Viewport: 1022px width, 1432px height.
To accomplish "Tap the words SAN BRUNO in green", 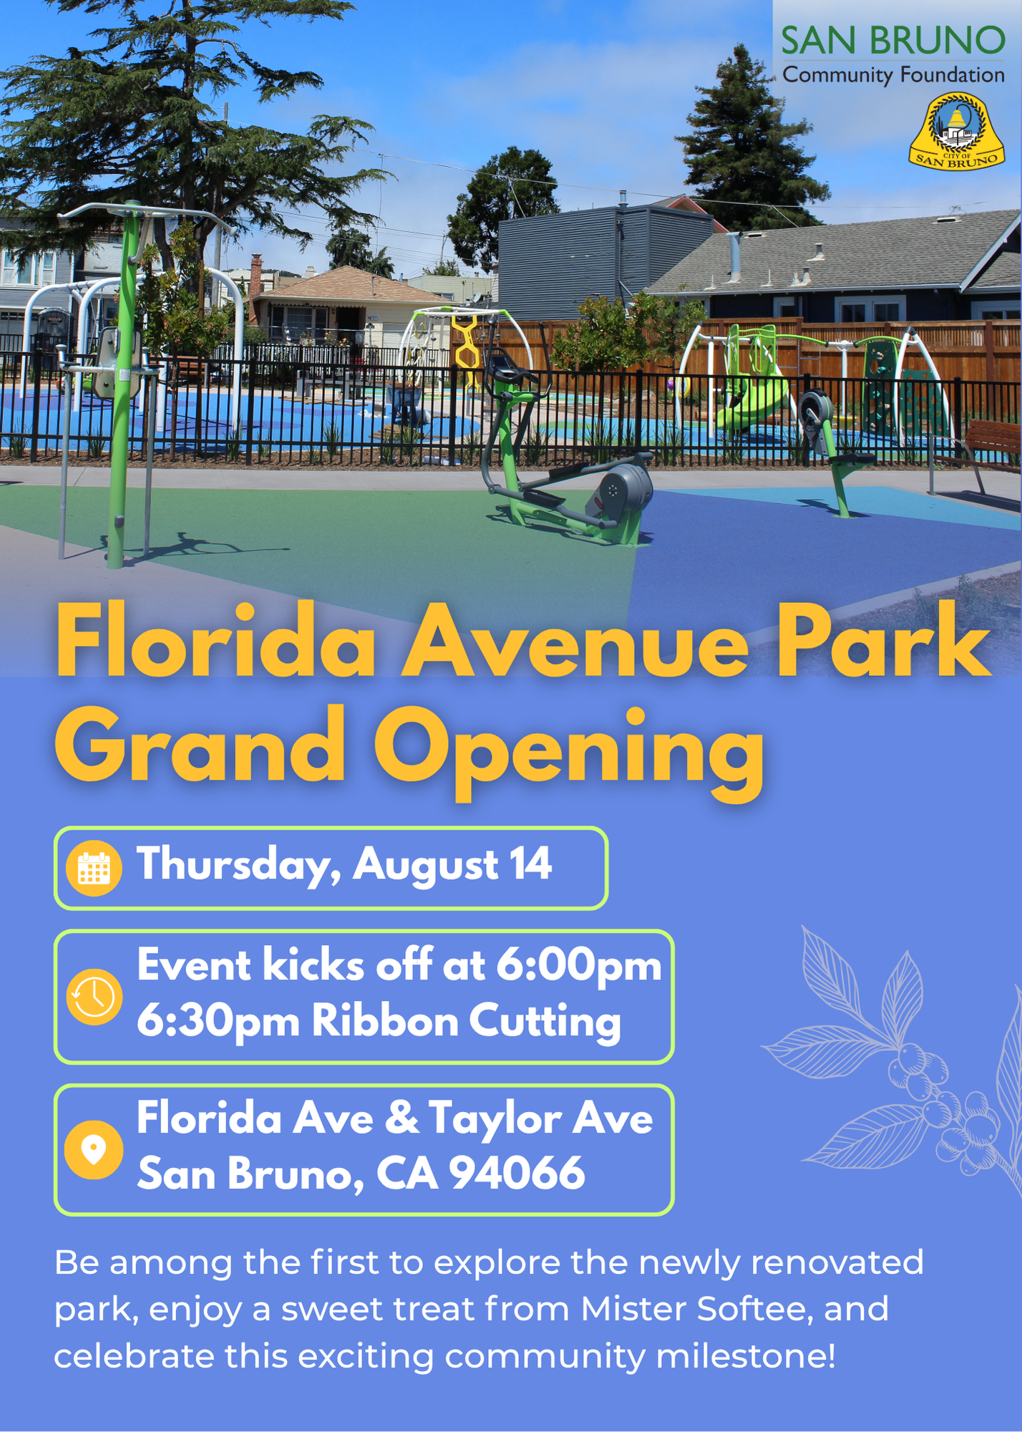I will pos(892,41).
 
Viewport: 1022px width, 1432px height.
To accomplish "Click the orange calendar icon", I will pos(94,868).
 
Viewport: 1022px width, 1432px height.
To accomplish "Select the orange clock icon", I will pos(94,997).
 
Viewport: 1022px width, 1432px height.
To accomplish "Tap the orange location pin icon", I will pos(94,1149).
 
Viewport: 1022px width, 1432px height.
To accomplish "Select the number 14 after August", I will pos(530,864).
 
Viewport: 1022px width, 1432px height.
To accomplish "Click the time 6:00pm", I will pos(578,965).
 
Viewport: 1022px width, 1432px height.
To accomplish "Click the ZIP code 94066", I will pos(517,1174).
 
